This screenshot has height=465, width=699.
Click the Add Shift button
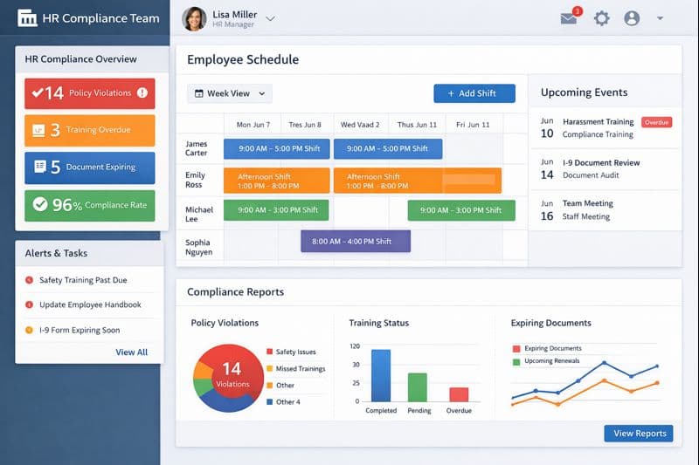[474, 93]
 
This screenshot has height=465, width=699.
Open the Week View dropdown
[230, 93]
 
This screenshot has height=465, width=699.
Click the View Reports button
[639, 433]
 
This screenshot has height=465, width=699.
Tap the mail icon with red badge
[570, 17]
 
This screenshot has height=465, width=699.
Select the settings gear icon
[601, 18]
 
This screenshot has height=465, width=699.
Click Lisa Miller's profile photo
[194, 18]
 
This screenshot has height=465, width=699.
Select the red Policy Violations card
[89, 92]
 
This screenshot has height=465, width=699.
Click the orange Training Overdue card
[89, 130]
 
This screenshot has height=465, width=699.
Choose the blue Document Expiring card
[89, 168]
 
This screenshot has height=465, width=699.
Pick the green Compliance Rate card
[89, 205]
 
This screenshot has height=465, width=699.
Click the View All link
[131, 352]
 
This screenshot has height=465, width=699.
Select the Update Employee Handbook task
[89, 305]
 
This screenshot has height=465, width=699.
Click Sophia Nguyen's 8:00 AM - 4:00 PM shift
[355, 241]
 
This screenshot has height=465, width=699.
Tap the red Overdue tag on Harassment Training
[656, 122]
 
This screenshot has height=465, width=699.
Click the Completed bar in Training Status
[381, 375]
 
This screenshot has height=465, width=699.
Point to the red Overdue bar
[459, 393]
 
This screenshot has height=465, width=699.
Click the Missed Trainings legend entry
[300, 369]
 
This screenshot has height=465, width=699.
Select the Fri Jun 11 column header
[473, 125]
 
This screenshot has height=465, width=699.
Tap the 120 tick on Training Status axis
[355, 346]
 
